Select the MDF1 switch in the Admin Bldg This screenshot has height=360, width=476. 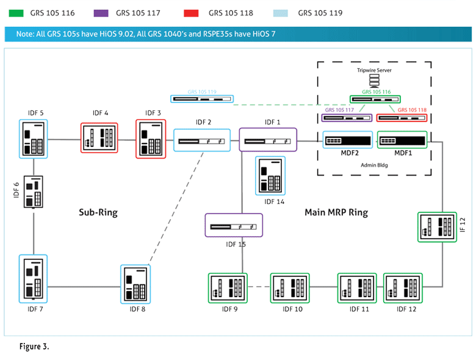(398, 141)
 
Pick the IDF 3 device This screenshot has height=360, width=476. (151, 139)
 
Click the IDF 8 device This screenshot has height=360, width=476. (135, 284)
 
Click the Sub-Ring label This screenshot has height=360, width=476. (98, 212)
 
